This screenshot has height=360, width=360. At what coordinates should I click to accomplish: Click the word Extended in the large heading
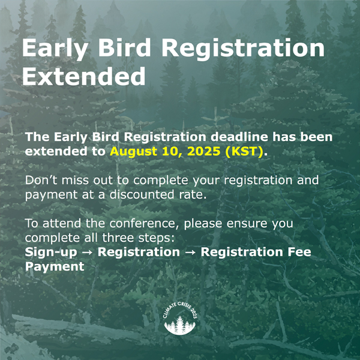point(84,76)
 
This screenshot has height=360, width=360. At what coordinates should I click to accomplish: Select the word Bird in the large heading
point(124,47)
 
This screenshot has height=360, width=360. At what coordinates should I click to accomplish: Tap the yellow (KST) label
point(244,151)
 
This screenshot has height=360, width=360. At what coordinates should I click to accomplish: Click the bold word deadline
point(239,137)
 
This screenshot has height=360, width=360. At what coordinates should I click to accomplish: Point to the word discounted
point(142,194)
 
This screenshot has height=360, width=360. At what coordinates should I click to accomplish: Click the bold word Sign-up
point(51,252)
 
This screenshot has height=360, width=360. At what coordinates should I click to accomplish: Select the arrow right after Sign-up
point(87,253)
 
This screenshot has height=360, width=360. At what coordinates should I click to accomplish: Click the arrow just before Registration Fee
point(190,253)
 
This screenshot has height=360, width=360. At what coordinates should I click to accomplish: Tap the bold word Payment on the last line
point(55,266)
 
